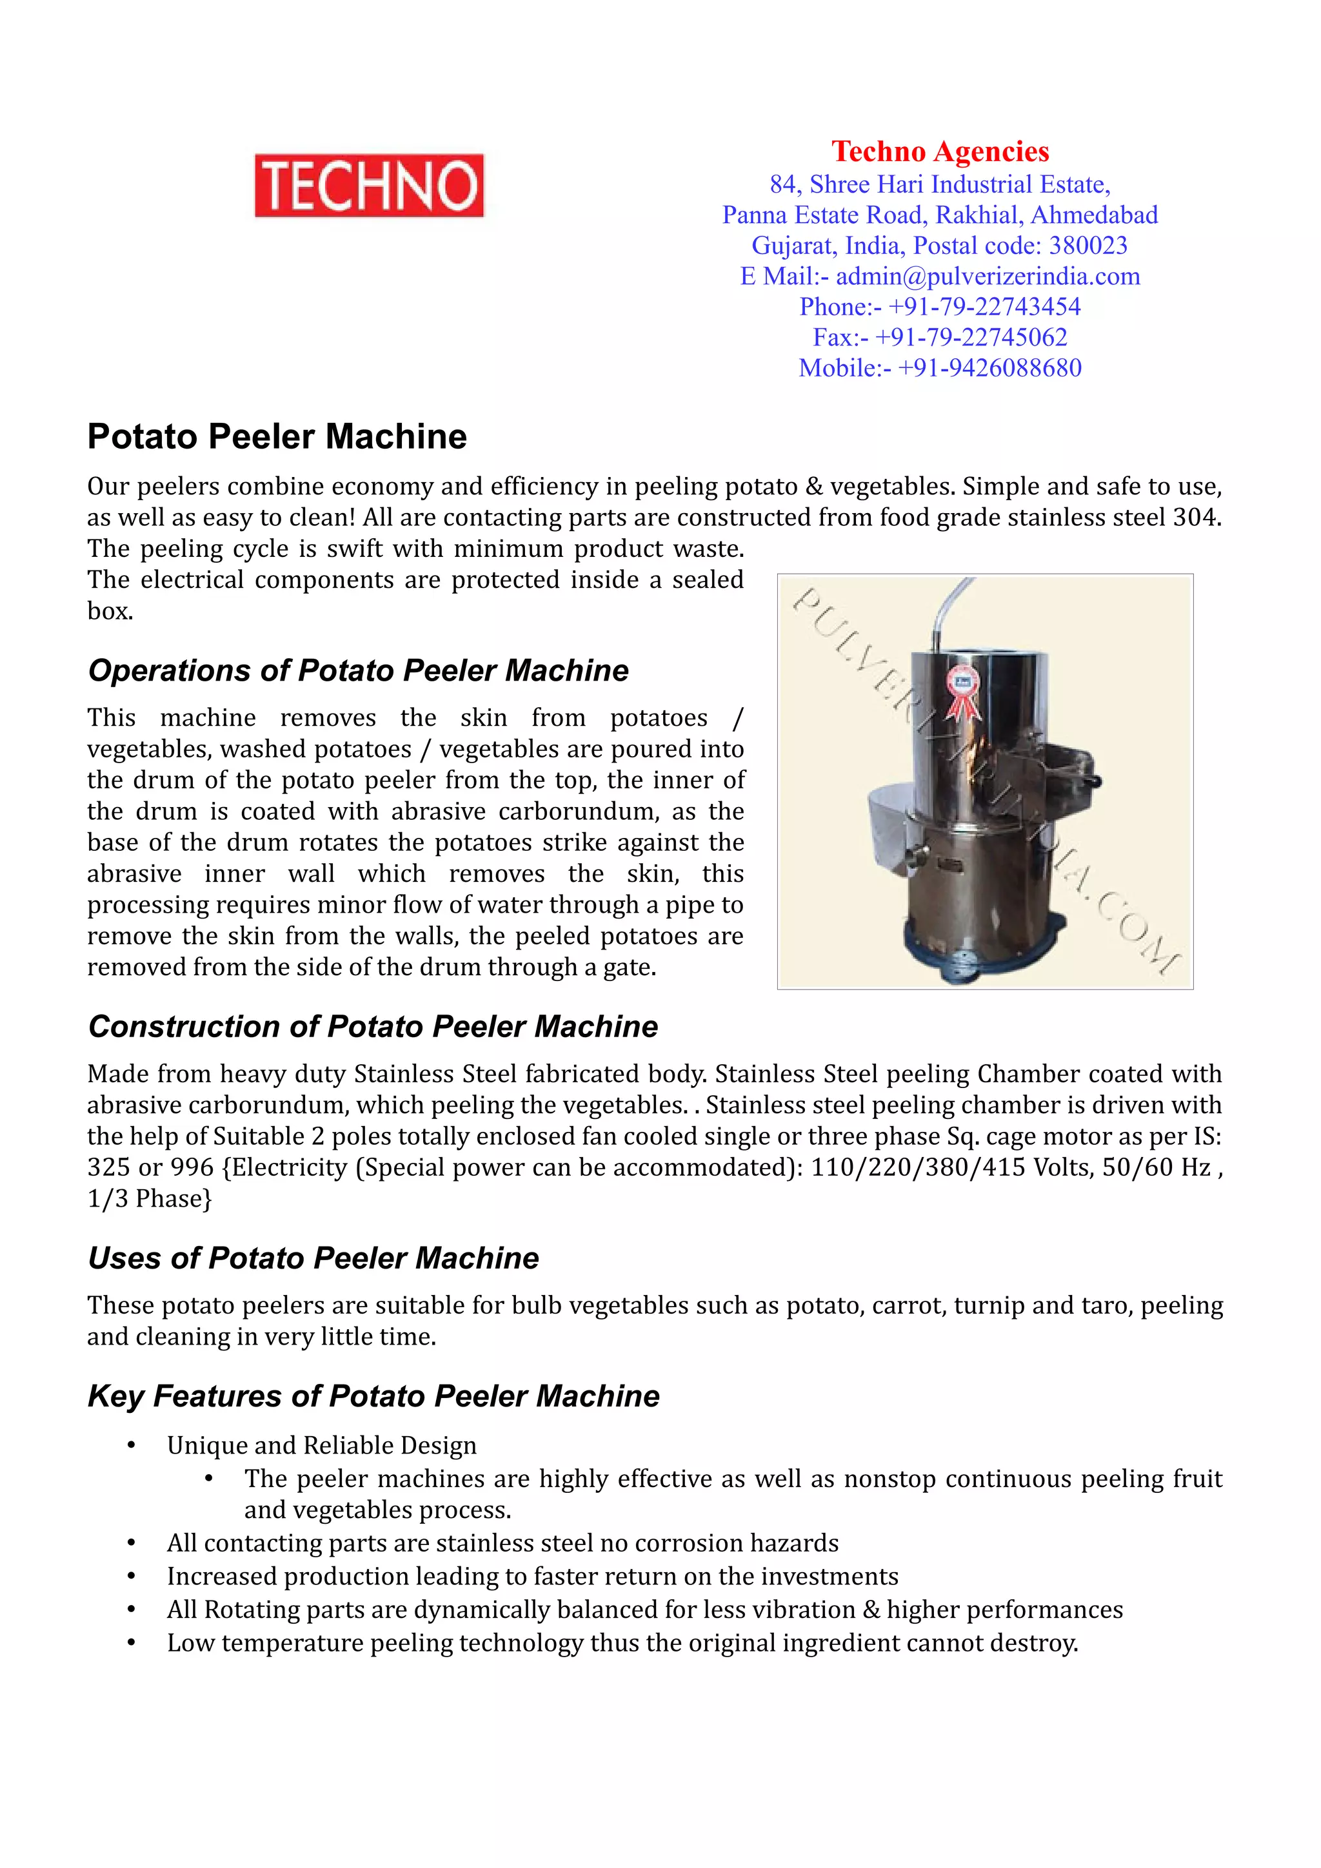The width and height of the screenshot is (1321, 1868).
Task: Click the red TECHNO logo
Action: (x=369, y=186)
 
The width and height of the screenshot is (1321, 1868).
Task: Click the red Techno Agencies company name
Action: (x=940, y=151)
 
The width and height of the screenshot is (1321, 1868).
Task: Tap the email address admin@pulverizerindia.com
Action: (x=988, y=277)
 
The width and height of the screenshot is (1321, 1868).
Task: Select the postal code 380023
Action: (x=1088, y=246)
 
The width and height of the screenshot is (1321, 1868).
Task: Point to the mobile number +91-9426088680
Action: (x=989, y=368)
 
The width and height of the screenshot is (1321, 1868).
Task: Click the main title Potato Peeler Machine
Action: (x=277, y=437)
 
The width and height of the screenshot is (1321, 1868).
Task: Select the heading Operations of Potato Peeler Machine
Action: (x=358, y=670)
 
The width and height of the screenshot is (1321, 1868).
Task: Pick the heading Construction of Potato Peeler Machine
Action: (x=373, y=1027)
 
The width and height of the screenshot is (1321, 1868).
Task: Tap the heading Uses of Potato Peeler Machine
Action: (x=313, y=1258)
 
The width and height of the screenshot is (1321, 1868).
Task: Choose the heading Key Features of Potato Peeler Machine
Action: (x=373, y=1396)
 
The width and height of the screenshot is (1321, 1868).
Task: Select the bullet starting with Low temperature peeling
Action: (x=622, y=1644)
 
